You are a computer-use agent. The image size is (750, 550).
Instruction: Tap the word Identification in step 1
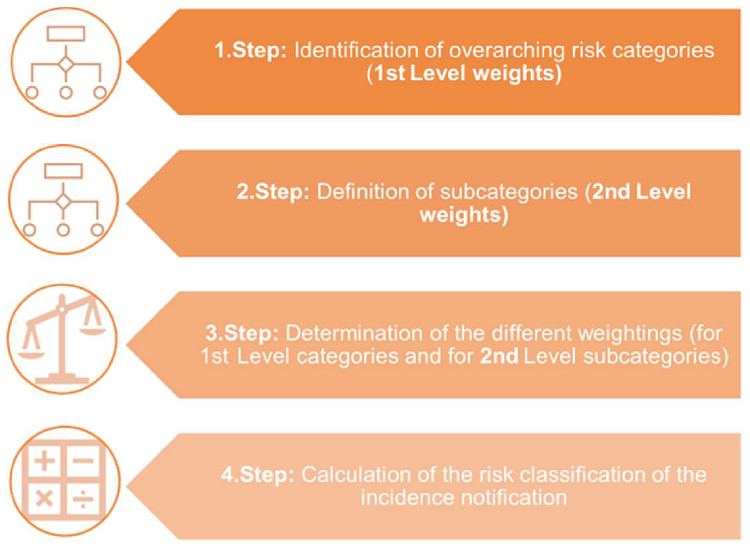(355, 50)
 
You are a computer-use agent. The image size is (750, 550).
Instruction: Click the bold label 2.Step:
(273, 192)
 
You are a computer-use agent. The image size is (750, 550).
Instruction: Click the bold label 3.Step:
(242, 333)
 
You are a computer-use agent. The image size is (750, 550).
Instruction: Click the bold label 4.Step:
(258, 475)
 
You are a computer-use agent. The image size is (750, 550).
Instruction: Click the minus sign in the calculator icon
(83, 461)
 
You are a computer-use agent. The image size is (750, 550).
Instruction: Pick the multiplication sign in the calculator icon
(44, 499)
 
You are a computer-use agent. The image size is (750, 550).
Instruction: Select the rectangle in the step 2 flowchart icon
(63, 171)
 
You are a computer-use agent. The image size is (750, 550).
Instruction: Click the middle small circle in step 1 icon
(66, 93)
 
